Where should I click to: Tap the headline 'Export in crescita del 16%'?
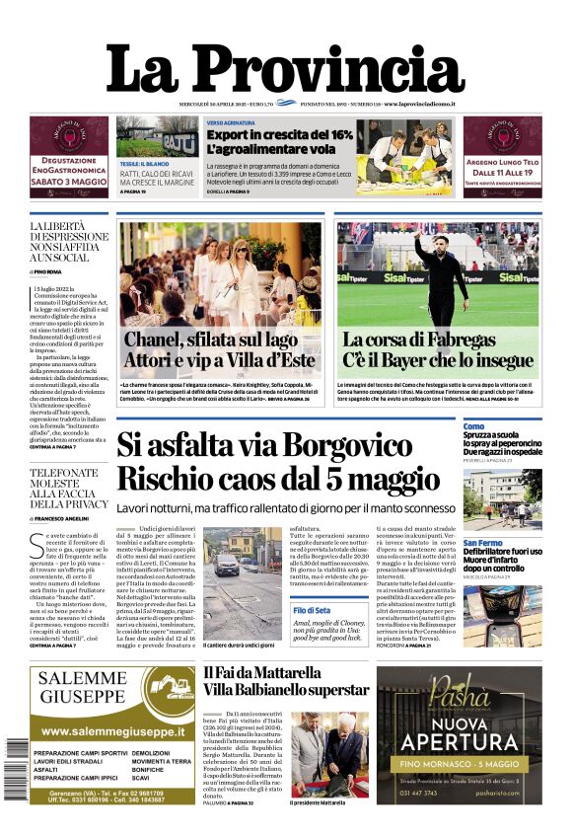click(x=278, y=133)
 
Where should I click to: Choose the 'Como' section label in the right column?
click(x=473, y=426)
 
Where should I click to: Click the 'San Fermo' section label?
click(x=482, y=543)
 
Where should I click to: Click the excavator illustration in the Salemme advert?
click(x=161, y=688)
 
